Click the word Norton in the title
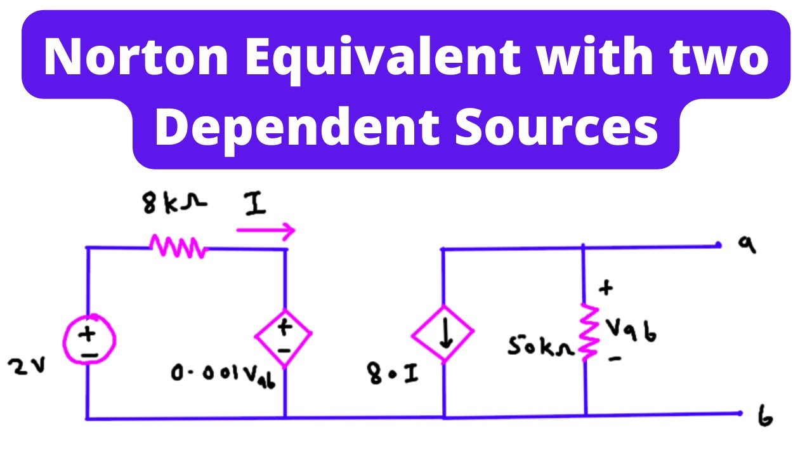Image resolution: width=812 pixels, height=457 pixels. (x=136, y=56)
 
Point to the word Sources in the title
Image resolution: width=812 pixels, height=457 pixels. (x=556, y=128)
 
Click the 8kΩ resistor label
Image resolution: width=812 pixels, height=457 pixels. (x=174, y=203)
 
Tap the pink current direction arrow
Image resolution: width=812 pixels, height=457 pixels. (x=265, y=230)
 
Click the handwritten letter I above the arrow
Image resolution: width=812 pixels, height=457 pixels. (x=255, y=204)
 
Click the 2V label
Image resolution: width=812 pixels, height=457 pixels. (x=27, y=366)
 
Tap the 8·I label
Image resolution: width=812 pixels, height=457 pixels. (x=393, y=374)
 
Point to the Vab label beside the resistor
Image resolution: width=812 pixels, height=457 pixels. (x=631, y=331)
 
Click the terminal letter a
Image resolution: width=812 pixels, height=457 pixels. (x=747, y=245)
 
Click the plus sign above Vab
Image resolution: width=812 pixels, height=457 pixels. (x=606, y=288)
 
